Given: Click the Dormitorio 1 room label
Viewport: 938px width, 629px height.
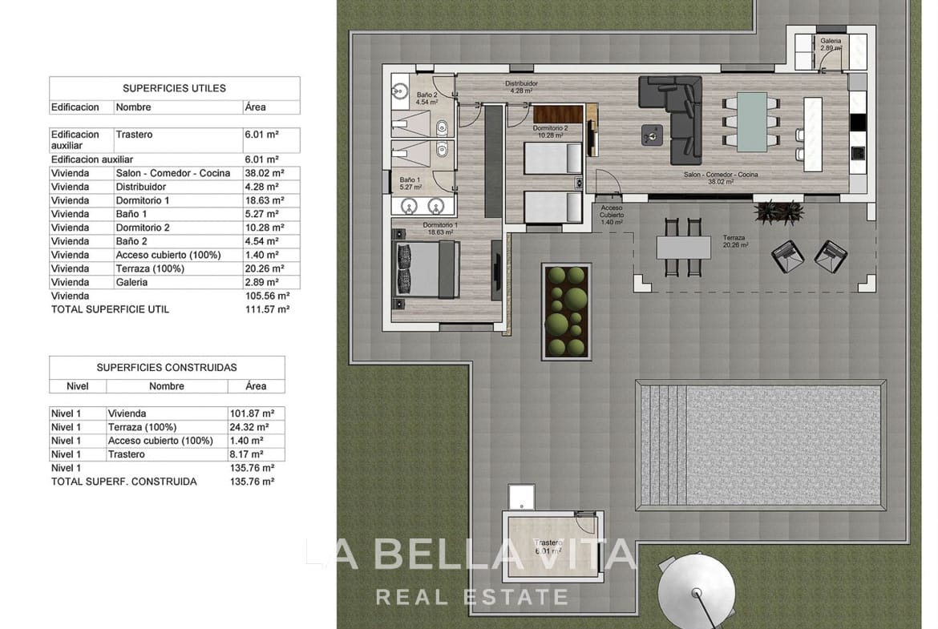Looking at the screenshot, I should (439, 225).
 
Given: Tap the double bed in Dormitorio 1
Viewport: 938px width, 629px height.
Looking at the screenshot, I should (425, 270).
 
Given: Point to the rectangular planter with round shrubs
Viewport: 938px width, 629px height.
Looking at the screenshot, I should (566, 311).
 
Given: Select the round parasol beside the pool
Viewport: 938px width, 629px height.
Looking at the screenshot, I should (696, 593).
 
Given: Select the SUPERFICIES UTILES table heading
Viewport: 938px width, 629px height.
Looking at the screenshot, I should (174, 88).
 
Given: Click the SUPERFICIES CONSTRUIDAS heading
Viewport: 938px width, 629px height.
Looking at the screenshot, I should (167, 368).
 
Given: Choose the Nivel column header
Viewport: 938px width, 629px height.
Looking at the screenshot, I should (78, 386).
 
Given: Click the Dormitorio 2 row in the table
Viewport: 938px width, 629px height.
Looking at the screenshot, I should (174, 228).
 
